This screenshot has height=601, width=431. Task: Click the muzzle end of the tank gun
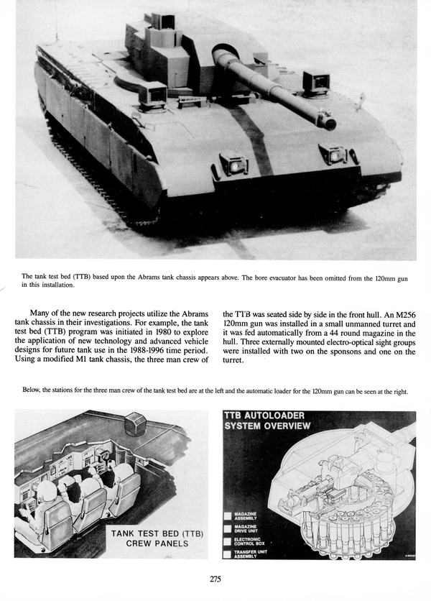coord(328,123)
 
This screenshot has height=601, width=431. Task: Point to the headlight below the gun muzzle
coord(333,154)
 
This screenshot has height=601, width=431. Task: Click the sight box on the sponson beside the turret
coord(152,93)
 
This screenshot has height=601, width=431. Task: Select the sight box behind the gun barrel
coord(315,82)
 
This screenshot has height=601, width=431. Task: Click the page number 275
coord(215,579)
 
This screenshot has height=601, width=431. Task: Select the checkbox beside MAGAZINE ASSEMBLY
coord(228,515)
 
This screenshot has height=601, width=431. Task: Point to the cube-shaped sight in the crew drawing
coord(134,424)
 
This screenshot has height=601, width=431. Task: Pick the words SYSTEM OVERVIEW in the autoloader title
coord(268,426)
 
